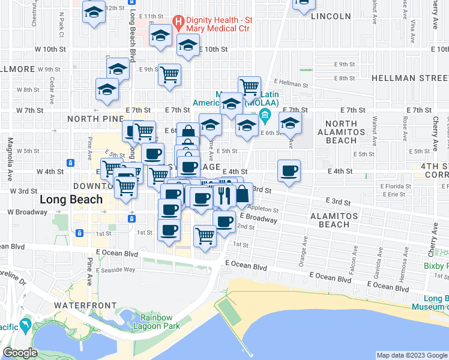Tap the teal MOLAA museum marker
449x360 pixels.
click(264, 115)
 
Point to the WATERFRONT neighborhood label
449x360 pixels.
click(85, 305)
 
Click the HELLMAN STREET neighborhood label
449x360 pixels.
click(410, 78)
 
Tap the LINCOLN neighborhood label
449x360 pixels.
click(331, 16)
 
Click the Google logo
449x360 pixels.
click(20, 353)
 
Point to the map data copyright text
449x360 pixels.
click(412, 355)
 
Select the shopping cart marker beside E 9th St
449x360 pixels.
click(170, 75)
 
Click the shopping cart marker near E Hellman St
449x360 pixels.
click(249, 87)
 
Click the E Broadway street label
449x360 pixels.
click(259, 217)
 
